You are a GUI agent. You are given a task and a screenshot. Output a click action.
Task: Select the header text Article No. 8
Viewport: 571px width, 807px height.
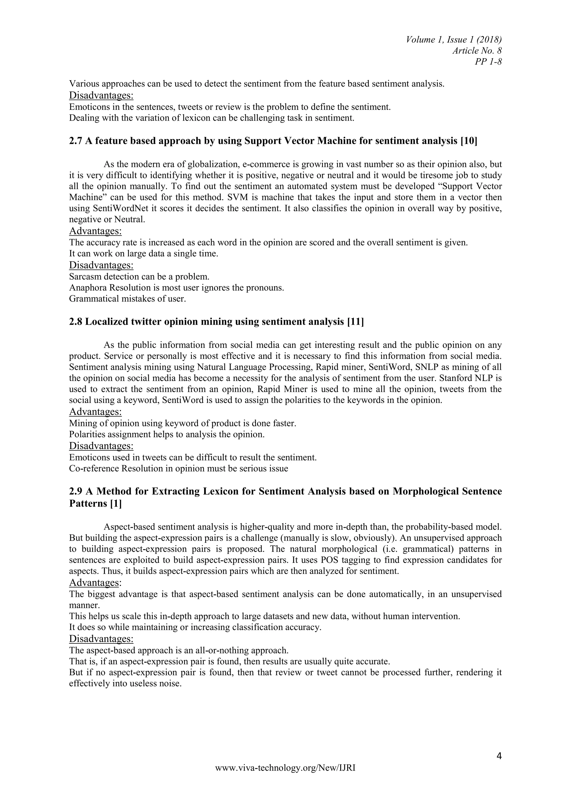click(x=477, y=51)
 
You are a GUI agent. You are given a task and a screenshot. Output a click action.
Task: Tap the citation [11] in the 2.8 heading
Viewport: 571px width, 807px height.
click(x=355, y=322)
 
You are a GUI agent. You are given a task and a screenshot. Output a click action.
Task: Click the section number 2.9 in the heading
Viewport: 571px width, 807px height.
click(x=76, y=491)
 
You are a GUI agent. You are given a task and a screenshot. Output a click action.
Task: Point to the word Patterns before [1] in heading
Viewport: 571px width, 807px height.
click(x=88, y=503)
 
